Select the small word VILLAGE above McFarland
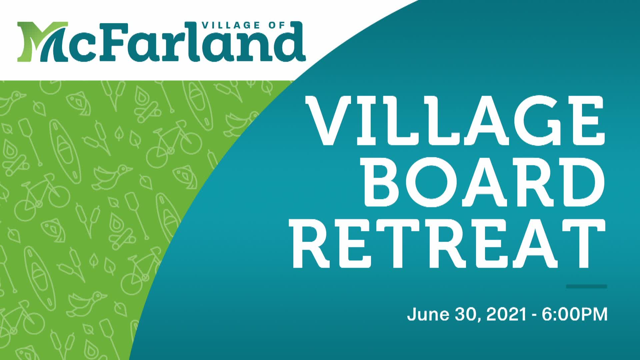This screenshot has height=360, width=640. pos(231,25)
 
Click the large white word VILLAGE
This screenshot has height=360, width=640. pos(455,121)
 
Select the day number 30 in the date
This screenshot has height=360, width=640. pos(466,314)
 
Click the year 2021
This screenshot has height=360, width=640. pos(506,314)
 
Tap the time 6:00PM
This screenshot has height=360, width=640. pos(574,314)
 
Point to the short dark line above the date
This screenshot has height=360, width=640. pos(586,286)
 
